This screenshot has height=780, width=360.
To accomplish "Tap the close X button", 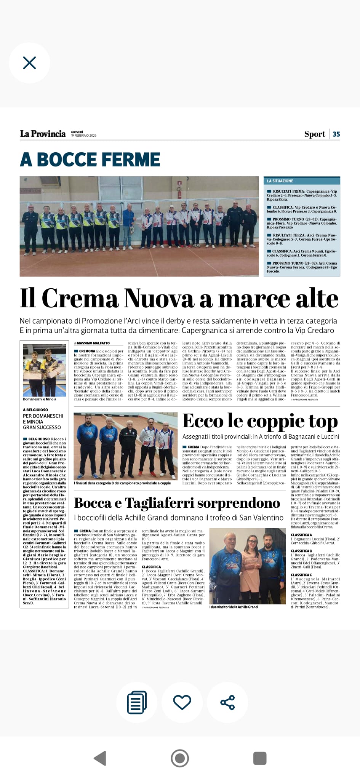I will (x=29, y=63).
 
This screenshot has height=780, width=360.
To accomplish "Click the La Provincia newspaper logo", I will (x=43, y=134).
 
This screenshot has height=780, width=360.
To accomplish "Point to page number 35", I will (x=336, y=134).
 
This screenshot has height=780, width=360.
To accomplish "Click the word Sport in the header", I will (x=314, y=134).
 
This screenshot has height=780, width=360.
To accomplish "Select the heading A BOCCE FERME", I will (x=90, y=160).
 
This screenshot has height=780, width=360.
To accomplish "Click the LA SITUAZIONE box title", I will (x=280, y=181).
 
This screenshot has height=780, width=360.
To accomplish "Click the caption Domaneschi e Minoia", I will (x=40, y=399).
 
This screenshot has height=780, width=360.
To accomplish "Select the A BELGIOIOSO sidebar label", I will (x=35, y=410).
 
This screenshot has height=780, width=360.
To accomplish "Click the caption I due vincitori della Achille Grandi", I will (x=234, y=607).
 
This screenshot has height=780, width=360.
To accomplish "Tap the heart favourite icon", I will (x=182, y=702).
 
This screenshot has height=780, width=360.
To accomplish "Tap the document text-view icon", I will (x=137, y=702).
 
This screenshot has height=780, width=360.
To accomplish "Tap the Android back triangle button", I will (x=100, y=758).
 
